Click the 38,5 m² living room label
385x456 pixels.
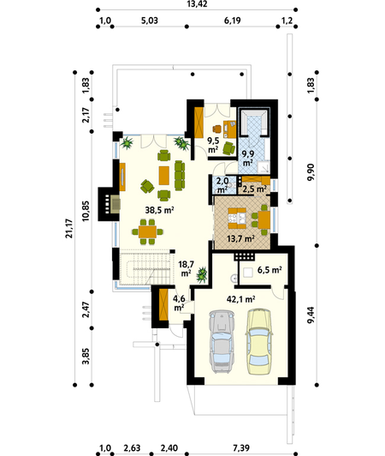tap(159, 210)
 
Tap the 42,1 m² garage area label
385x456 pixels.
tap(241, 299)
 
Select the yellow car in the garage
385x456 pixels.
tap(259, 341)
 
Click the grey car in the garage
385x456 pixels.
tap(222, 341)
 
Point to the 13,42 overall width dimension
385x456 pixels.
tap(197, 4)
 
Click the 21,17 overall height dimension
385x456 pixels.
tap(69, 229)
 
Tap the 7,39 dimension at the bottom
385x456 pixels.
tap(241, 447)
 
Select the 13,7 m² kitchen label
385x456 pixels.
tap(240, 239)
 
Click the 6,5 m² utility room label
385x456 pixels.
tap(269, 270)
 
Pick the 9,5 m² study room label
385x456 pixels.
tap(213, 145)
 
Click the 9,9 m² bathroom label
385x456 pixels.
tap(247, 159)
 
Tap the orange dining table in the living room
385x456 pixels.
tap(147, 231)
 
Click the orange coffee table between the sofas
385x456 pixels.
tap(164, 175)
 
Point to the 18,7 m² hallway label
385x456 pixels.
tap(186, 269)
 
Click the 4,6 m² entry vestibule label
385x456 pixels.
tap(179, 303)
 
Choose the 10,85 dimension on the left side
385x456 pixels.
tap(86, 211)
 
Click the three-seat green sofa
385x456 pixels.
tap(180, 176)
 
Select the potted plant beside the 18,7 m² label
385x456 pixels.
tap(202, 275)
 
